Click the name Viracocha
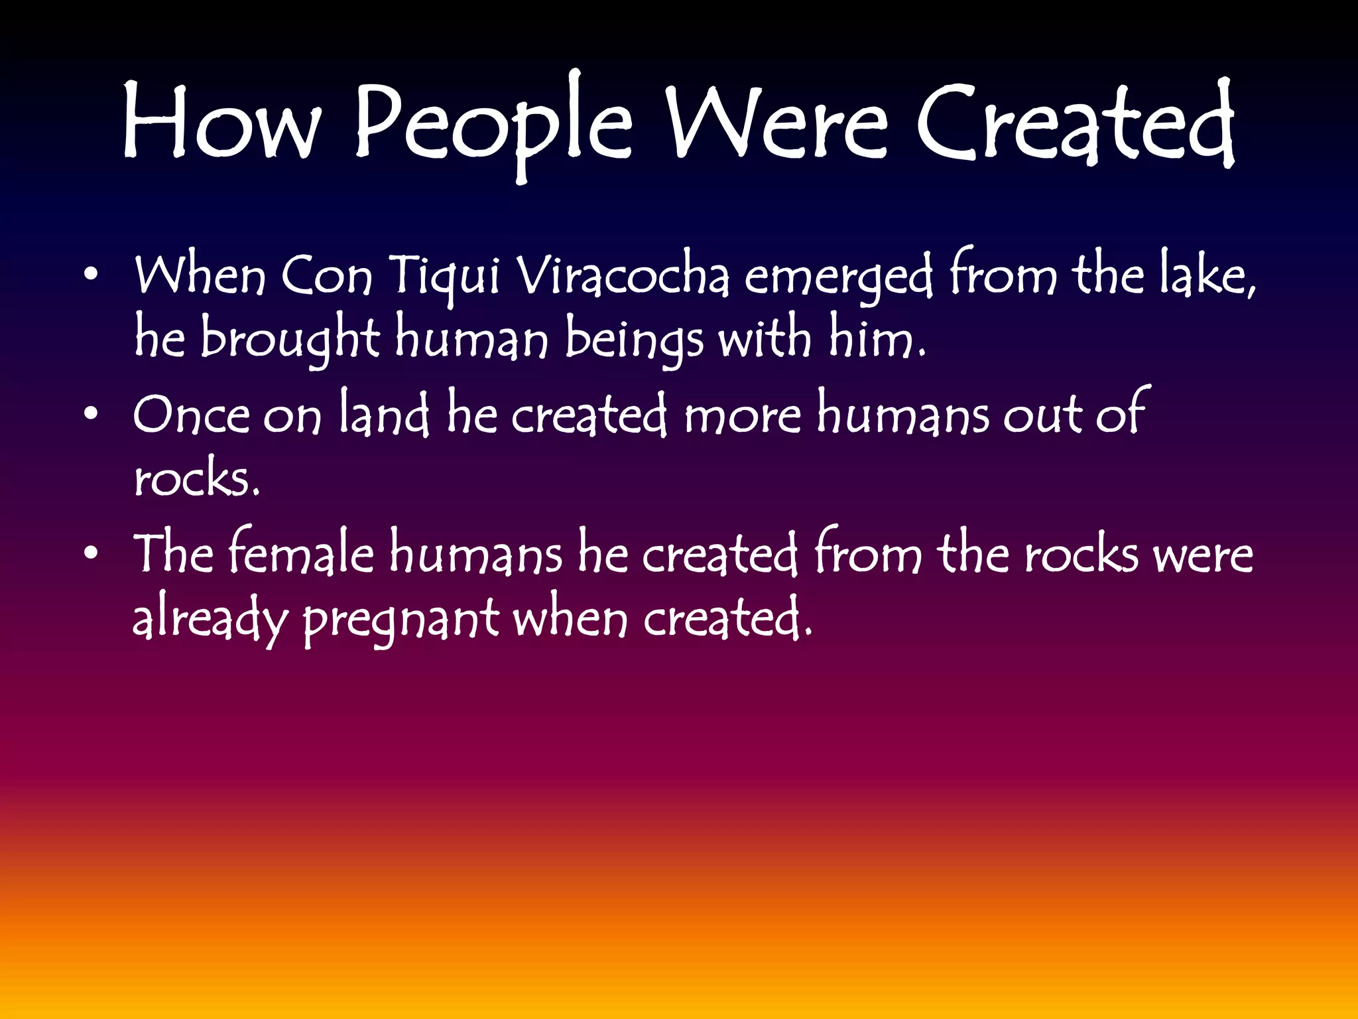point(622,275)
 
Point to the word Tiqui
point(444,275)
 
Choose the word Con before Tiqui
point(326,275)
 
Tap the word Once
point(192,415)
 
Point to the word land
point(385,414)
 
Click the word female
point(302,553)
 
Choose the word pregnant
point(401,621)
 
